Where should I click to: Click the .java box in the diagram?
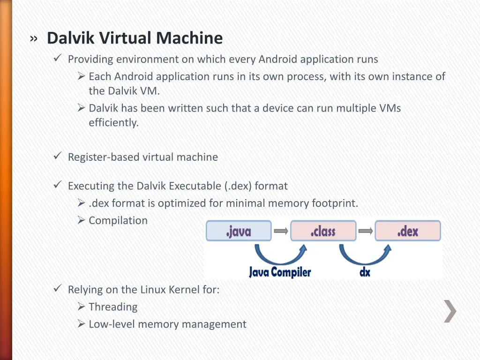(x=239, y=231)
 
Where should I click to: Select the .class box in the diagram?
(x=323, y=231)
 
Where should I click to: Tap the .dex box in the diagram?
(x=408, y=231)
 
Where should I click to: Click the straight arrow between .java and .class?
(x=281, y=231)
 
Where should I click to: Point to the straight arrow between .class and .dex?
(x=366, y=231)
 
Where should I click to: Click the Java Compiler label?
(x=280, y=272)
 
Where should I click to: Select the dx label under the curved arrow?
(x=365, y=272)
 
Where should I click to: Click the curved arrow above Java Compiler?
(x=281, y=255)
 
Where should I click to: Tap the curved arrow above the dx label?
(x=365, y=255)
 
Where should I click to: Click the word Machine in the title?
(x=189, y=38)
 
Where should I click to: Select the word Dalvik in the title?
(x=71, y=38)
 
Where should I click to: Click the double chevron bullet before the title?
(x=34, y=39)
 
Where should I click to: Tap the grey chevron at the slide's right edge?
(x=450, y=311)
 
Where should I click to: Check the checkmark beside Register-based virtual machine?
(x=58, y=156)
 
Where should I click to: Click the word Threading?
(x=113, y=307)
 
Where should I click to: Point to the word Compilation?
(x=118, y=221)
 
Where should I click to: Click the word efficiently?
(x=113, y=123)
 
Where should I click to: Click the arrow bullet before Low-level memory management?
(x=81, y=323)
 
